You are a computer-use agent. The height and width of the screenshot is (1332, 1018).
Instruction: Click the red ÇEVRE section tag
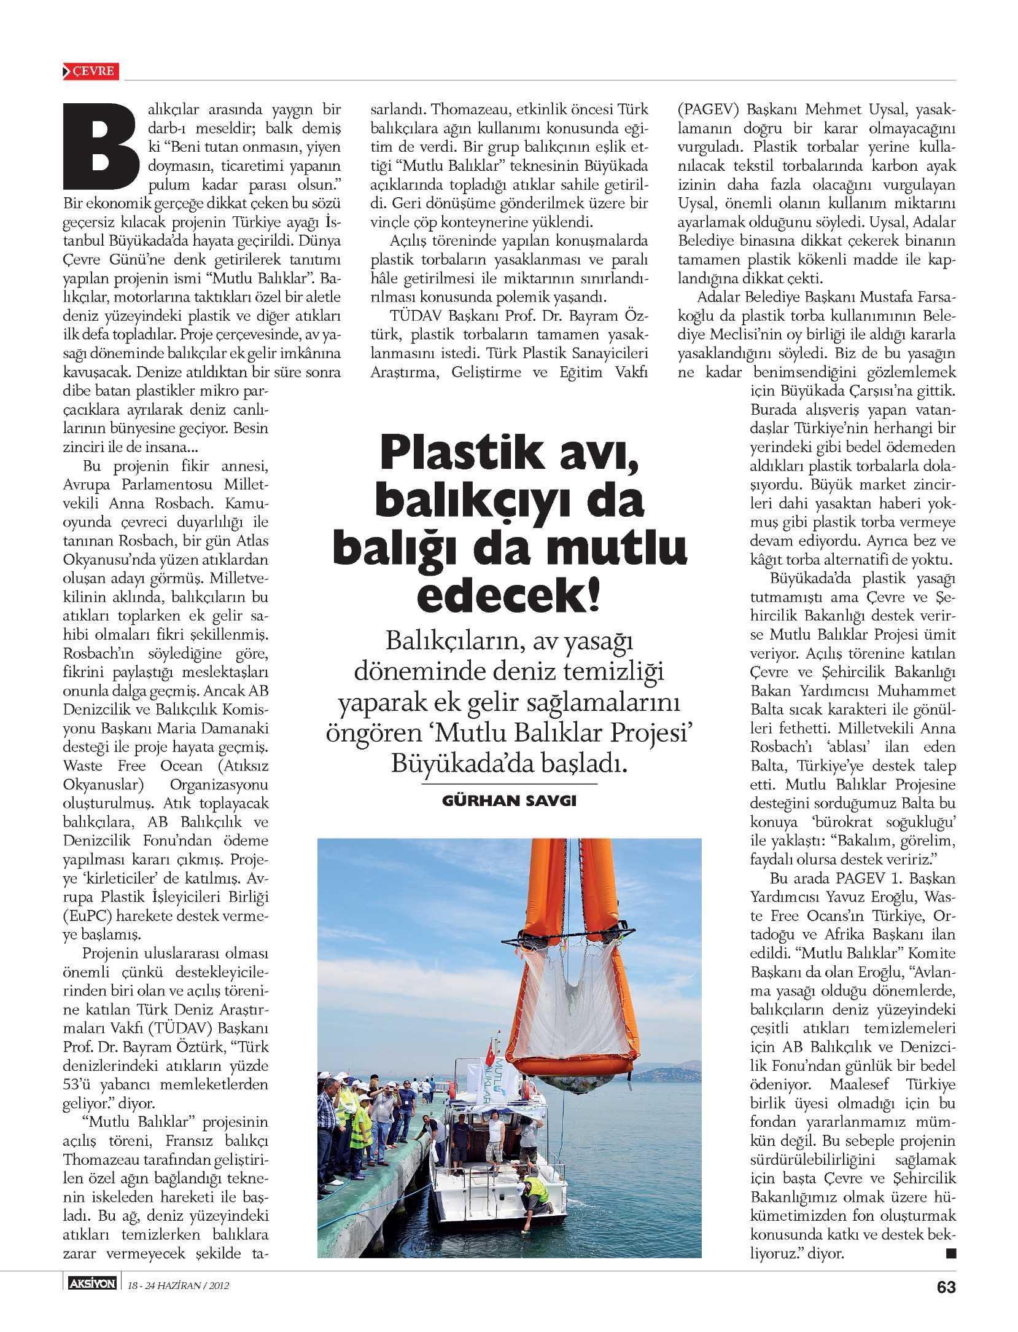pyautogui.click(x=91, y=71)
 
